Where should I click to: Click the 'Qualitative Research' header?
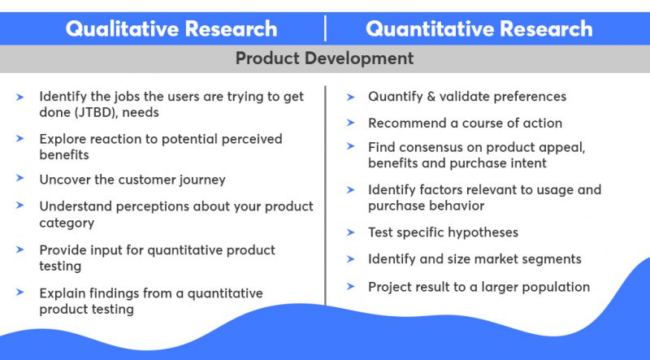171,29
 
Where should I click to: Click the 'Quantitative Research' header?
479,29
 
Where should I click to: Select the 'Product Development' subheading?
324,59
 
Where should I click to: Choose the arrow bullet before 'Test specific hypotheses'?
350,232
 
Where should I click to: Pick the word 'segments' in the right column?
552,259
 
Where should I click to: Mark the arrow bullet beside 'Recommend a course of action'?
350,124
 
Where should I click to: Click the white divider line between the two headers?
326,28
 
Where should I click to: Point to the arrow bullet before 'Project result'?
350,287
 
